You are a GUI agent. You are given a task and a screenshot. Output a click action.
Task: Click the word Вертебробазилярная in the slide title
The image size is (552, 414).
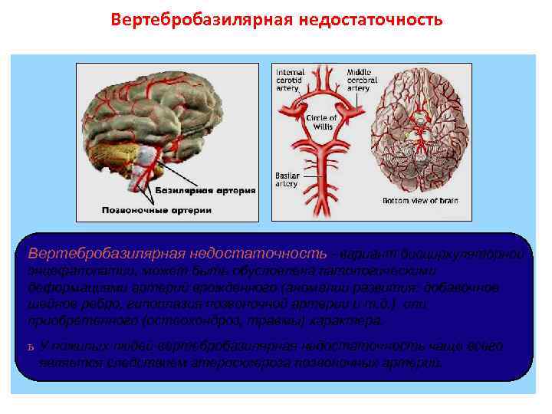(x=197, y=18)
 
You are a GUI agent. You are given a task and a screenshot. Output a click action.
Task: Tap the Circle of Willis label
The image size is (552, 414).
(x=320, y=122)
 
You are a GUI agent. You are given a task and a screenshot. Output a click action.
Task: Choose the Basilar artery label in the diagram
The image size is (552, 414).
(x=287, y=179)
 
